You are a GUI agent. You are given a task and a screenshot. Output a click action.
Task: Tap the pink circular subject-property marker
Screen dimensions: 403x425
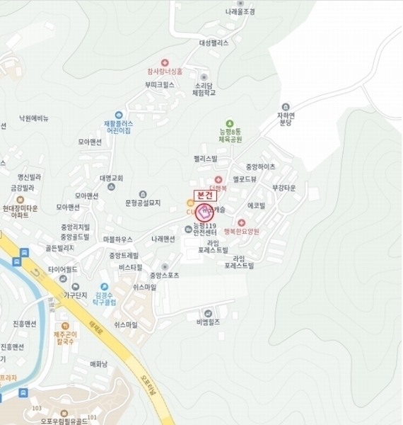click(x=204, y=212)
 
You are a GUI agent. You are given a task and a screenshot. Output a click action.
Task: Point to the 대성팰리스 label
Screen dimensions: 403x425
click(x=214, y=42)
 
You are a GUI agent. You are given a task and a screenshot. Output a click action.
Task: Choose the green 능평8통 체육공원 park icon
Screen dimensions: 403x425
click(x=228, y=123)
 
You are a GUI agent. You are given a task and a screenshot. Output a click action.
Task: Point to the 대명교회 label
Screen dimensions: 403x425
click(x=112, y=178)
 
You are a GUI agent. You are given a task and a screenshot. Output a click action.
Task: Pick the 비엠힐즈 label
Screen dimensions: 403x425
click(x=209, y=322)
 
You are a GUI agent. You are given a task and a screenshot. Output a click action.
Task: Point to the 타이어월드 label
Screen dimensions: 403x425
click(x=62, y=270)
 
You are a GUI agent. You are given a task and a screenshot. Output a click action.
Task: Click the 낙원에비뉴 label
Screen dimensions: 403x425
click(x=33, y=118)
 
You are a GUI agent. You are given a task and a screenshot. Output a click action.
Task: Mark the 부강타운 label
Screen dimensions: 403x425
click(x=284, y=188)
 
